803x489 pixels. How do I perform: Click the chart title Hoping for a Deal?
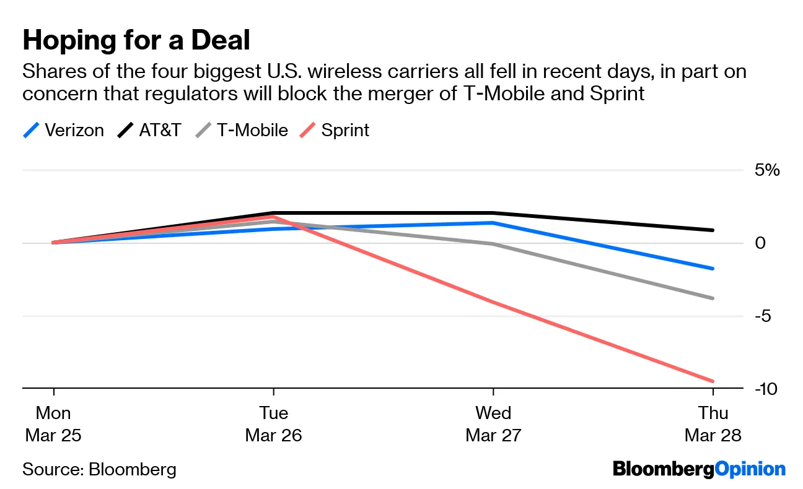136,41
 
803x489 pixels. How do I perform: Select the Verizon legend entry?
63,131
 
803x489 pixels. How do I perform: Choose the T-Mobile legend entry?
242,131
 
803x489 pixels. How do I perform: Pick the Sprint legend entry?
335,131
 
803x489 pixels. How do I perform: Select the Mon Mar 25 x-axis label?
53,424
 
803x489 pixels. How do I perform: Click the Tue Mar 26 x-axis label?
273,424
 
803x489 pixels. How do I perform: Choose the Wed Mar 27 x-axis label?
493,424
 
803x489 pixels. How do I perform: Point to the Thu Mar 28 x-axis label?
713,424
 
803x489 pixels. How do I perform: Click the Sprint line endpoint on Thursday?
713,381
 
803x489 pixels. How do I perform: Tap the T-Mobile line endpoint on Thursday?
713,298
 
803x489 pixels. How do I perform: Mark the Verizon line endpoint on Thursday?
713,269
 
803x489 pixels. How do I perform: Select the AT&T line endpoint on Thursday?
713,230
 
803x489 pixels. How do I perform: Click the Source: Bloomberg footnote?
99,469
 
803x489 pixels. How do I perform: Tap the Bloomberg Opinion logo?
699,469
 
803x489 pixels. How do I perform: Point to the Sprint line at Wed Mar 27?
493,302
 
